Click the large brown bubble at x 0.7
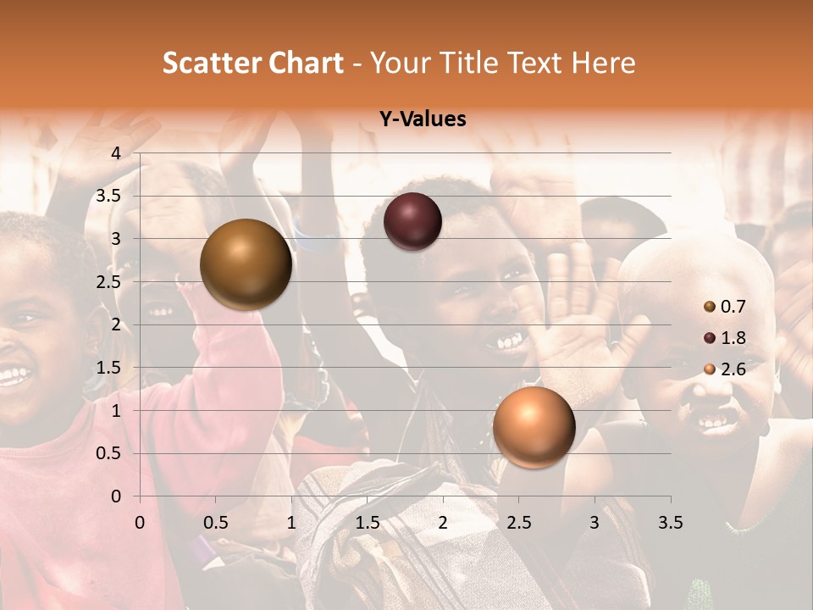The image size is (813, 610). (x=246, y=264)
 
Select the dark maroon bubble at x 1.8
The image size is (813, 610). (x=412, y=221)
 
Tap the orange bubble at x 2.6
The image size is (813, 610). (x=534, y=427)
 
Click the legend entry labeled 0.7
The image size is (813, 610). (x=733, y=307)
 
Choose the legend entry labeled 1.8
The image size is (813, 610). (x=733, y=338)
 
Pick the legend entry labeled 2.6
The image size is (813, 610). (x=733, y=369)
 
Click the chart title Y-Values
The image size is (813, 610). (x=422, y=119)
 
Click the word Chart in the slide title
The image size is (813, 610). (x=307, y=63)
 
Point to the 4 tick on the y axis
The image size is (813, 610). (x=116, y=153)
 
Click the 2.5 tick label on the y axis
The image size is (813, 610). (x=108, y=282)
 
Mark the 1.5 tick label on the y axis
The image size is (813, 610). (x=108, y=368)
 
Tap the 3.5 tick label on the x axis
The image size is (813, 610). (x=670, y=521)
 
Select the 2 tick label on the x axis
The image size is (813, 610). (x=443, y=521)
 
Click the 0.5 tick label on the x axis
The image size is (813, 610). (x=215, y=521)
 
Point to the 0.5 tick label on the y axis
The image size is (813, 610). (x=108, y=453)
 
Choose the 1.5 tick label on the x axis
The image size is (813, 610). (x=367, y=521)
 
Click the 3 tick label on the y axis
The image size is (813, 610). (x=116, y=239)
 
